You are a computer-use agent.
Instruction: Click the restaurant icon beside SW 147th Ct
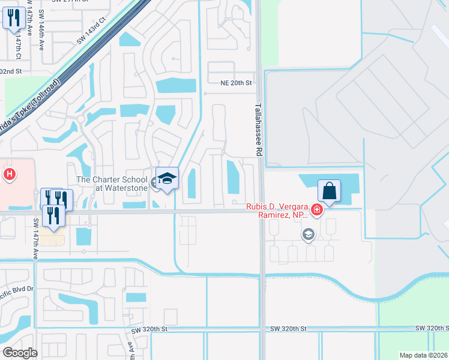pos(13,18)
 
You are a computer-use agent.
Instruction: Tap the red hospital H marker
pos(10,175)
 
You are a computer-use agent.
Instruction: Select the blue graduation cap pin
pos(167,178)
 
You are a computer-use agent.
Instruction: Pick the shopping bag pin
pos(329,191)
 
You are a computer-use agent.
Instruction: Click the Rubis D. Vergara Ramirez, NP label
pos(276,211)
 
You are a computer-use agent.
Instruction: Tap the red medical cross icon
pos(316,210)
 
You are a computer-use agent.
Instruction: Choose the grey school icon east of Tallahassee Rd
pos(309,234)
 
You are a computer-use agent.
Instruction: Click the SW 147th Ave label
pos(36,238)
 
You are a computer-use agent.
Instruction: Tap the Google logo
pos(20,352)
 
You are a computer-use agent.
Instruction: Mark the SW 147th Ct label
pos(20,43)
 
